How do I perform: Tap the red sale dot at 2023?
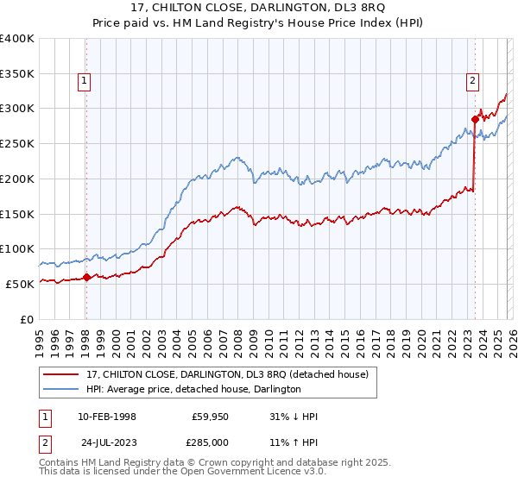tap(475, 119)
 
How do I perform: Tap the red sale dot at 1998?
tap(86, 277)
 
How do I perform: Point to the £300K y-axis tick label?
tap(16, 109)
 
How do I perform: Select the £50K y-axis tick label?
tap(19, 284)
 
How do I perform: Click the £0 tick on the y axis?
tap(27, 319)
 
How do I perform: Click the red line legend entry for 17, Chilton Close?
tap(227, 373)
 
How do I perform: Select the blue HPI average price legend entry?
tap(193, 389)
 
